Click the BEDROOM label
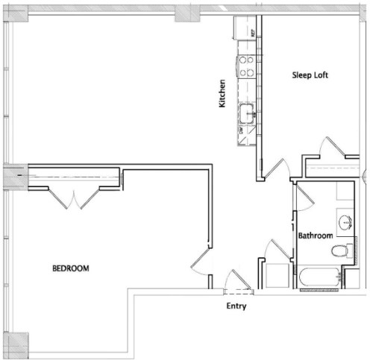(x=71, y=268)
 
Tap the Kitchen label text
(x=222, y=95)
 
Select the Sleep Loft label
(x=310, y=75)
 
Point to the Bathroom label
(x=315, y=236)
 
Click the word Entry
(x=236, y=306)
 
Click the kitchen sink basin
(x=247, y=113)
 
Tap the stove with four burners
(x=247, y=67)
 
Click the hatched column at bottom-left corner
(x=19, y=342)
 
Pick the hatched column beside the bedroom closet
(x=15, y=176)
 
